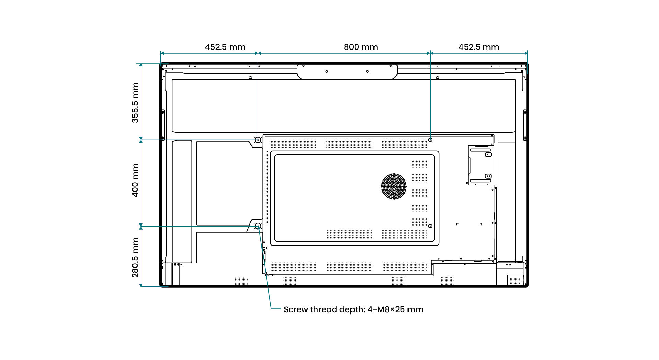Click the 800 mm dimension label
click(x=361, y=47)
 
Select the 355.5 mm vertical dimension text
click(x=135, y=102)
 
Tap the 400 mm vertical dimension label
click(x=135, y=180)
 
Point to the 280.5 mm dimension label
click(x=135, y=257)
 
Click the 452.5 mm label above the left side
click(x=225, y=47)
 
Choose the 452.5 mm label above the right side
click(x=479, y=47)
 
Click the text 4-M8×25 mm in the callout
click(x=395, y=309)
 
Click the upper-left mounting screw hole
click(x=258, y=140)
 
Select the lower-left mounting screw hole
click(x=258, y=226)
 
